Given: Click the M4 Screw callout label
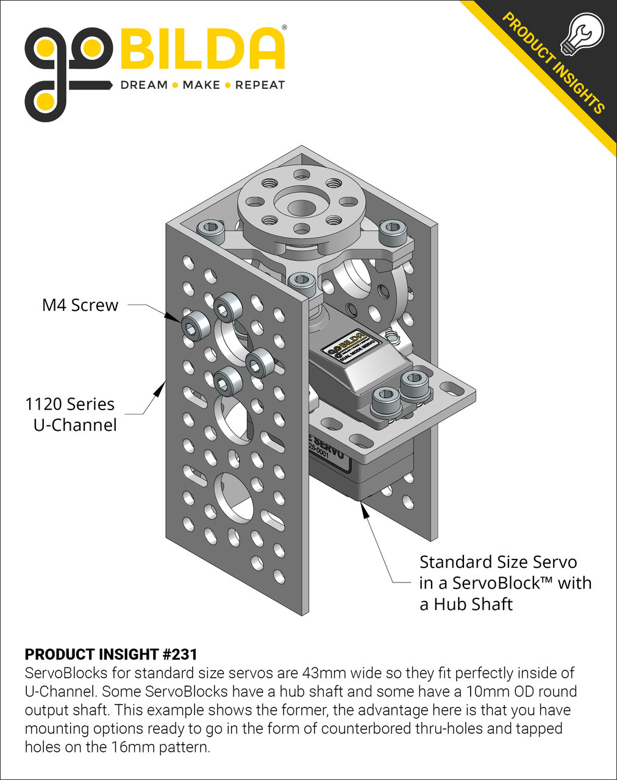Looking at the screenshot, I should (80, 305).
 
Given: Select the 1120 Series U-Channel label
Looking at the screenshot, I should (70, 414).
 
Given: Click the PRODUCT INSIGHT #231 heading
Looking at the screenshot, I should (111, 654).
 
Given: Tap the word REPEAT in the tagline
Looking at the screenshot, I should (260, 85).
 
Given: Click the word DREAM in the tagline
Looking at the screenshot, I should (144, 85).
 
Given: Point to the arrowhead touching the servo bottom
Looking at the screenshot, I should (365, 511).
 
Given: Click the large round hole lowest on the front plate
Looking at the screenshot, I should (234, 497).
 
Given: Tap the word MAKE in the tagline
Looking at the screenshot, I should (201, 85).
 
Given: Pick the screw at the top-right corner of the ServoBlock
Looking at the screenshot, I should (393, 232).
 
